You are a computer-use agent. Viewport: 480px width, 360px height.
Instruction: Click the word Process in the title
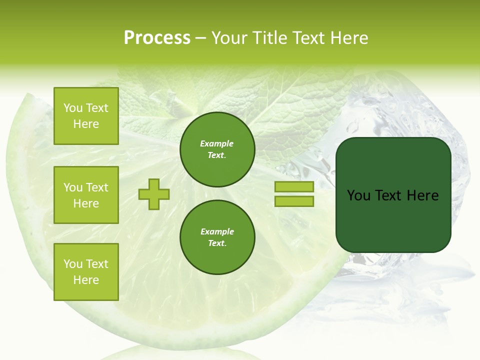[x=157, y=38]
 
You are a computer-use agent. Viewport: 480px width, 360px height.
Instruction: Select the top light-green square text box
[x=86, y=116]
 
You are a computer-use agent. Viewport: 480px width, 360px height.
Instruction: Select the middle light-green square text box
[x=86, y=195]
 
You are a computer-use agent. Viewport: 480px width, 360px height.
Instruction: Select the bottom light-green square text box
[x=86, y=271]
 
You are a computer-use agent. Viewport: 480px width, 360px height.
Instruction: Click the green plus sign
[x=154, y=194]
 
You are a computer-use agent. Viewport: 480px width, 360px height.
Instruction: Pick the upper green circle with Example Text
[x=217, y=149]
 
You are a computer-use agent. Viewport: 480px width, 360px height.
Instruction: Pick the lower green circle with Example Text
[x=217, y=237]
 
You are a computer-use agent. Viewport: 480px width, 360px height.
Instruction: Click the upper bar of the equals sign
[x=294, y=187]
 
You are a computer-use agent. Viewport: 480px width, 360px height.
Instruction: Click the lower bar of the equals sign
[x=294, y=201]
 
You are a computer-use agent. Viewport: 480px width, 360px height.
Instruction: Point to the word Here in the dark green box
[x=422, y=195]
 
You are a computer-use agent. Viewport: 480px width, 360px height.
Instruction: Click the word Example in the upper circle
[x=217, y=144]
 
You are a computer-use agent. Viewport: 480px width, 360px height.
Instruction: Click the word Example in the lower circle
[x=217, y=232]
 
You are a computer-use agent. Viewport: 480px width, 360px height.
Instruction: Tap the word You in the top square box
[x=73, y=108]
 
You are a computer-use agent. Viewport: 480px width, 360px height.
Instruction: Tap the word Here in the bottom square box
[x=86, y=280]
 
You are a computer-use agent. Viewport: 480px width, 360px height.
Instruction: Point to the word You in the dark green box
[x=358, y=195]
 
